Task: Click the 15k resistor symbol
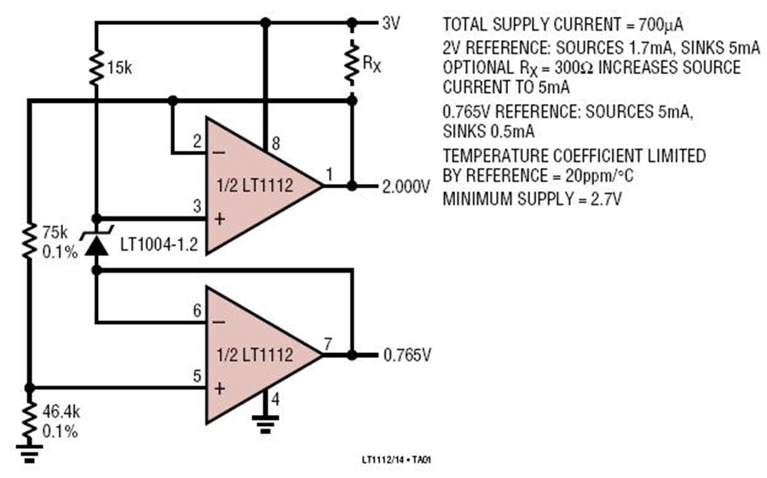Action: click(x=95, y=67)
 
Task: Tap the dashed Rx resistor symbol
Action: click(x=351, y=62)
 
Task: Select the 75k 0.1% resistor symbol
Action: click(x=29, y=241)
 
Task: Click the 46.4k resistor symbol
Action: click(x=29, y=421)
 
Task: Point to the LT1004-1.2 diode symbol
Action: click(x=96, y=242)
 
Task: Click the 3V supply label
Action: click(x=391, y=23)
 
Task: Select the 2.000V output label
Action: click(x=406, y=187)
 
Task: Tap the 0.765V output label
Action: click(x=407, y=354)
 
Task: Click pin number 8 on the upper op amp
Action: click(x=275, y=143)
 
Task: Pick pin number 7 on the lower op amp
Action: click(x=327, y=344)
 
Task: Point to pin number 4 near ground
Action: click(x=275, y=400)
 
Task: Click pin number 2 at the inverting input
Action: click(x=197, y=141)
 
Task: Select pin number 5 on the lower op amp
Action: click(x=197, y=377)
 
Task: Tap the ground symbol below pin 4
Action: click(x=265, y=423)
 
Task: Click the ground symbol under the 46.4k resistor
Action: click(x=29, y=453)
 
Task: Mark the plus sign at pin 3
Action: click(x=219, y=219)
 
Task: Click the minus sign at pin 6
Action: click(x=219, y=322)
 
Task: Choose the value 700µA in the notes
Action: click(x=660, y=25)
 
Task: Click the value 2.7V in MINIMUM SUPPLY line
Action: click(x=606, y=199)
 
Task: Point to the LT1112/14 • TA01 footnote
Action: click(x=396, y=460)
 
